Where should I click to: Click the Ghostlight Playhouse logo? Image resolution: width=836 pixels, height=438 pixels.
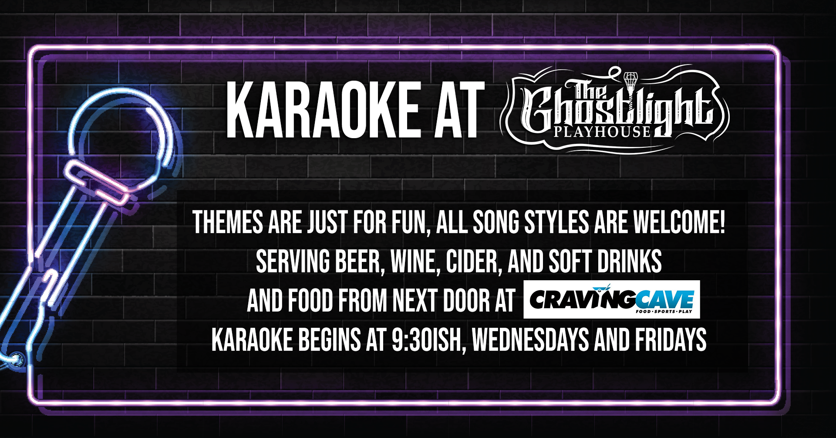click(615, 109)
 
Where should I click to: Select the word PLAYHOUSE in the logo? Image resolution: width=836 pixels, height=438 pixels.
click(602, 132)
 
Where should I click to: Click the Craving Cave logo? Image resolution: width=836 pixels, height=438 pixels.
click(612, 299)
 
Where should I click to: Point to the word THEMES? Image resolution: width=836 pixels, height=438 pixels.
click(228, 222)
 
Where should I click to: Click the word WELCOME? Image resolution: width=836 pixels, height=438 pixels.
click(679, 222)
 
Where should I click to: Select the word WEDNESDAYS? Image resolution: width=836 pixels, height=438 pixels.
click(530, 340)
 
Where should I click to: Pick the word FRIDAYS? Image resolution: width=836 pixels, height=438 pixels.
click(671, 340)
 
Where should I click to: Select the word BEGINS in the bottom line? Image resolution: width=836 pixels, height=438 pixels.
click(329, 340)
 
